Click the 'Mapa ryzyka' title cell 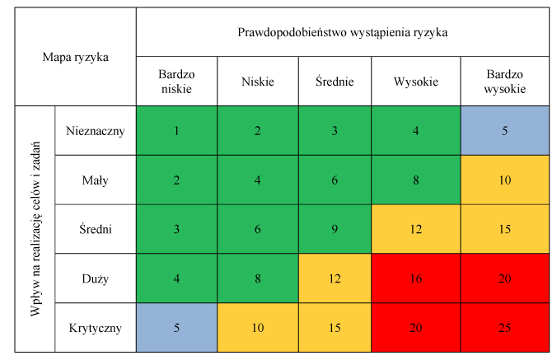coord(76,58)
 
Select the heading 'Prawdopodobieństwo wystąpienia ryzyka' coord(342,33)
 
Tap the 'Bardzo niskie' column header coord(176,82)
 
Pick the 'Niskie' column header coord(258,82)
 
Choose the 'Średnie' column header coord(335,82)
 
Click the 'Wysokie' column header coord(416,82)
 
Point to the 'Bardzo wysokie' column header coord(505,82)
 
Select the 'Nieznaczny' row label coord(96,130)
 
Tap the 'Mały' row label coord(96,179)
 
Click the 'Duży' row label coord(96,278)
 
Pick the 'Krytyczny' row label coord(96,328)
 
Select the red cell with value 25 coord(505,328)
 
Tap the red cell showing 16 coord(416,278)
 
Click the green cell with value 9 coord(335,229)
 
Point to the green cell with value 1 coord(176,130)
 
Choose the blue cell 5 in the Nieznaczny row coord(505,130)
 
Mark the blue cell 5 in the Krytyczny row coord(176,328)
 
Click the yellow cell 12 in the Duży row coord(335,278)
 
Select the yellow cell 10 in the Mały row coord(505,179)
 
